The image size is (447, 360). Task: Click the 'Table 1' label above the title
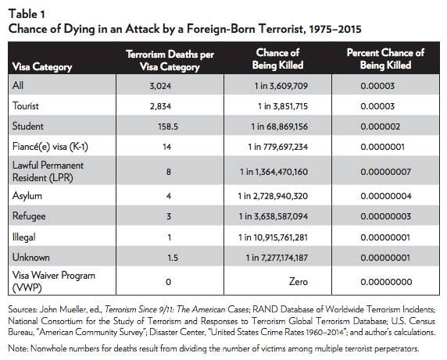coord(27,14)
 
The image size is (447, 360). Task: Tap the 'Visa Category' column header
coord(42,67)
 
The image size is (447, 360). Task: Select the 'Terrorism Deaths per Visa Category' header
coord(170,60)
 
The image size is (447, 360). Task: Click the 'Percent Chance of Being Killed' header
coord(385,59)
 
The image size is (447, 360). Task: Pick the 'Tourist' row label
coord(25,106)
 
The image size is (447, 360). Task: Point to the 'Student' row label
coord(27,127)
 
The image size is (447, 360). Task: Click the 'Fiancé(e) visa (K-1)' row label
coord(50,147)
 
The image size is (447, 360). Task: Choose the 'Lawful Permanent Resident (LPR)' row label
coord(48,172)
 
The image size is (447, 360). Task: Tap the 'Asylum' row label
coord(27,196)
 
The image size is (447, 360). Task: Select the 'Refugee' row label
coord(29,216)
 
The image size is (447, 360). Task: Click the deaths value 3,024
coord(160,86)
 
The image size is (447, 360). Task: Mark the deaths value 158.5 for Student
coord(168,127)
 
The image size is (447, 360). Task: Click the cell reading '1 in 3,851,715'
coord(283,106)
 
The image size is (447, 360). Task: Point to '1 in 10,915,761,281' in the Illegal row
coord(273,237)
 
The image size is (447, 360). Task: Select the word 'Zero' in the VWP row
coord(299,282)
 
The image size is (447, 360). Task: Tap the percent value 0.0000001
coord(382,147)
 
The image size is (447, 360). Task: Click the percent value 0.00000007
coord(385,172)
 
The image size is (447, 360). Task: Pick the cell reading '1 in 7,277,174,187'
coord(277,258)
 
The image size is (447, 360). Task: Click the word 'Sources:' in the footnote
coord(22,309)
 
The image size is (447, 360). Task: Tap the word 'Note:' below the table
coord(18,348)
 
